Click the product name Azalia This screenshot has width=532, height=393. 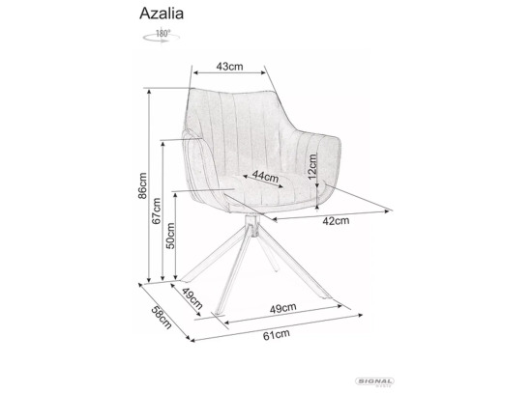[162, 14]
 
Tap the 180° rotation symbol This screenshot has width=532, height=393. [162, 37]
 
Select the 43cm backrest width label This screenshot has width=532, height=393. [229, 67]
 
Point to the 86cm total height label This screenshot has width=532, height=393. [142, 185]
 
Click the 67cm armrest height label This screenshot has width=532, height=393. [157, 211]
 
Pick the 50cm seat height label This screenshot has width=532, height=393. [170, 236]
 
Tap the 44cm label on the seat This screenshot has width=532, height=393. [265, 176]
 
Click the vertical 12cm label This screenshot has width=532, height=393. [311, 166]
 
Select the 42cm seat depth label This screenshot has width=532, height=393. [336, 221]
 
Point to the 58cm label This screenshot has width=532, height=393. [162, 317]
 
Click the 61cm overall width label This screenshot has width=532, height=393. [277, 335]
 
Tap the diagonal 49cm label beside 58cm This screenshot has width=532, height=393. [192, 298]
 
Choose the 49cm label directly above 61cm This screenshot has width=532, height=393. [283, 308]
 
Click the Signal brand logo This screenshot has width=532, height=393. [374, 381]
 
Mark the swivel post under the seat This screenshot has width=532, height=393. [251, 225]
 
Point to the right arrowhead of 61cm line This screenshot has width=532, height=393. [360, 316]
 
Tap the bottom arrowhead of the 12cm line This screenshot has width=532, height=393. [317, 206]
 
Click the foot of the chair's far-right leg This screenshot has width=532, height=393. [325, 296]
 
